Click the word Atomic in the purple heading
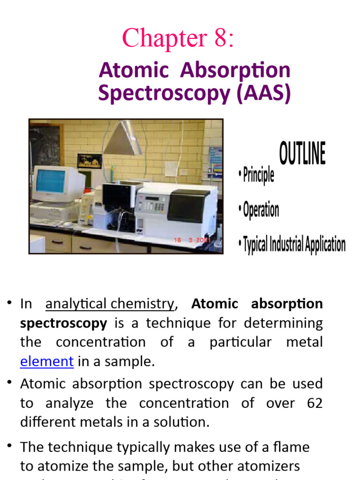point(134,70)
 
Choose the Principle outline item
point(257,176)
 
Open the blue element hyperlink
point(47,361)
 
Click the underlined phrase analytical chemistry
point(109,304)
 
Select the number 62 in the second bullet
point(314,403)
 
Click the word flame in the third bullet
point(293,447)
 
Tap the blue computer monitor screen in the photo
point(51,180)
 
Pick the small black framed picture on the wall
point(90,161)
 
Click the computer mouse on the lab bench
point(67,225)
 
